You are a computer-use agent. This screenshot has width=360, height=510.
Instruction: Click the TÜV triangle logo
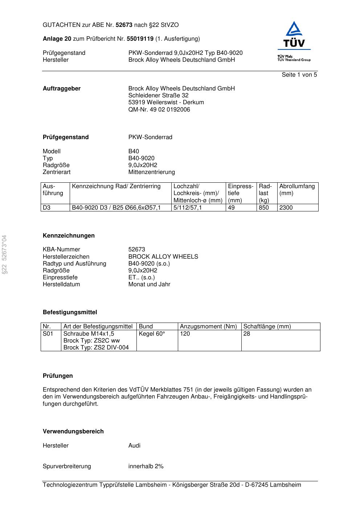pyautogui.click(x=294, y=35)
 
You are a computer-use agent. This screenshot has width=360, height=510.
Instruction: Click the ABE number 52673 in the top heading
pyautogui.click(x=124, y=25)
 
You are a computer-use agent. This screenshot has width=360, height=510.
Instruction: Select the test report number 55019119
pyautogui.click(x=140, y=39)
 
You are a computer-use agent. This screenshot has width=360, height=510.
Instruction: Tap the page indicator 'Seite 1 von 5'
pyautogui.click(x=299, y=75)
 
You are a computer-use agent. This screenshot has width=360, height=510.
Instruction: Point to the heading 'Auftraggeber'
pyautogui.click(x=62, y=89)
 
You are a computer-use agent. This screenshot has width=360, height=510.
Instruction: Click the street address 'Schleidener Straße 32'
pyautogui.click(x=158, y=96)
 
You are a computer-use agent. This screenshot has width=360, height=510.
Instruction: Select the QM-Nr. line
pyautogui.click(x=159, y=110)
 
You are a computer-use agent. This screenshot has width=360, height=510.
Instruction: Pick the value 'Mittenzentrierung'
pyautogui.click(x=151, y=172)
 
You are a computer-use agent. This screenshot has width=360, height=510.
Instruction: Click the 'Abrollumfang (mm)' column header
pyautogui.click(x=297, y=190)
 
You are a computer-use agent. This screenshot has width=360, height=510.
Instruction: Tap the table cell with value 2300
pyautogui.click(x=286, y=208)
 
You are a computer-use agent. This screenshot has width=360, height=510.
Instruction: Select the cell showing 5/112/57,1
pyautogui.click(x=188, y=208)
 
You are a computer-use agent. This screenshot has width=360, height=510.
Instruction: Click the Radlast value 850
pyautogui.click(x=264, y=208)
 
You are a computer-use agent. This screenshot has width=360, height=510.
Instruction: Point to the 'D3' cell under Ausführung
pyautogui.click(x=47, y=208)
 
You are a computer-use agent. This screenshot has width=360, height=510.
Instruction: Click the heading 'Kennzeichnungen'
pyautogui.click(x=69, y=236)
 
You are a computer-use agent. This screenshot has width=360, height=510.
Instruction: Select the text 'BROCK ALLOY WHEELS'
pyautogui.click(x=163, y=257)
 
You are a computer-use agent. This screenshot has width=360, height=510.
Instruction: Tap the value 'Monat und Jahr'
pyautogui.click(x=149, y=284)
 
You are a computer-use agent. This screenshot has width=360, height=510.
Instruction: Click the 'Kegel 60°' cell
pyautogui.click(x=152, y=334)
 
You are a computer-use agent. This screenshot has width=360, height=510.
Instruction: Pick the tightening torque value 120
pyautogui.click(x=185, y=334)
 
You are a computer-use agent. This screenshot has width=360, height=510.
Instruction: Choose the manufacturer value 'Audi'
pyautogui.click(x=134, y=446)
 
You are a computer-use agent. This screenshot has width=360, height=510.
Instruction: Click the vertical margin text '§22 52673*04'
pyautogui.click(x=4, y=255)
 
